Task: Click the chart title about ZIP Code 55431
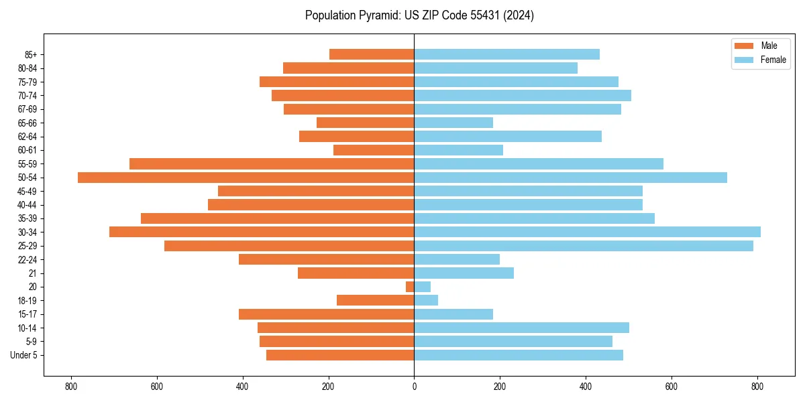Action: [419, 15]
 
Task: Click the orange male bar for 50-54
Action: [246, 178]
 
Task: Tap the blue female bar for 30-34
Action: [587, 232]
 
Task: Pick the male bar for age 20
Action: [410, 287]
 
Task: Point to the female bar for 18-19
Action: [426, 300]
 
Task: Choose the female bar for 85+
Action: [506, 54]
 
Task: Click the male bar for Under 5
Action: [340, 355]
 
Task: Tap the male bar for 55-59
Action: [272, 163]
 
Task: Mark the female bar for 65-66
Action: [453, 123]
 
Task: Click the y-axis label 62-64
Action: [28, 137]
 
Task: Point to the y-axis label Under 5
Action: [23, 355]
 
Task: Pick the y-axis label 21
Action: [32, 273]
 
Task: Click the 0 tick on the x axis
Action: [414, 387]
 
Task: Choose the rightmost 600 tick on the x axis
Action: [672, 387]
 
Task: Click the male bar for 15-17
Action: [326, 314]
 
